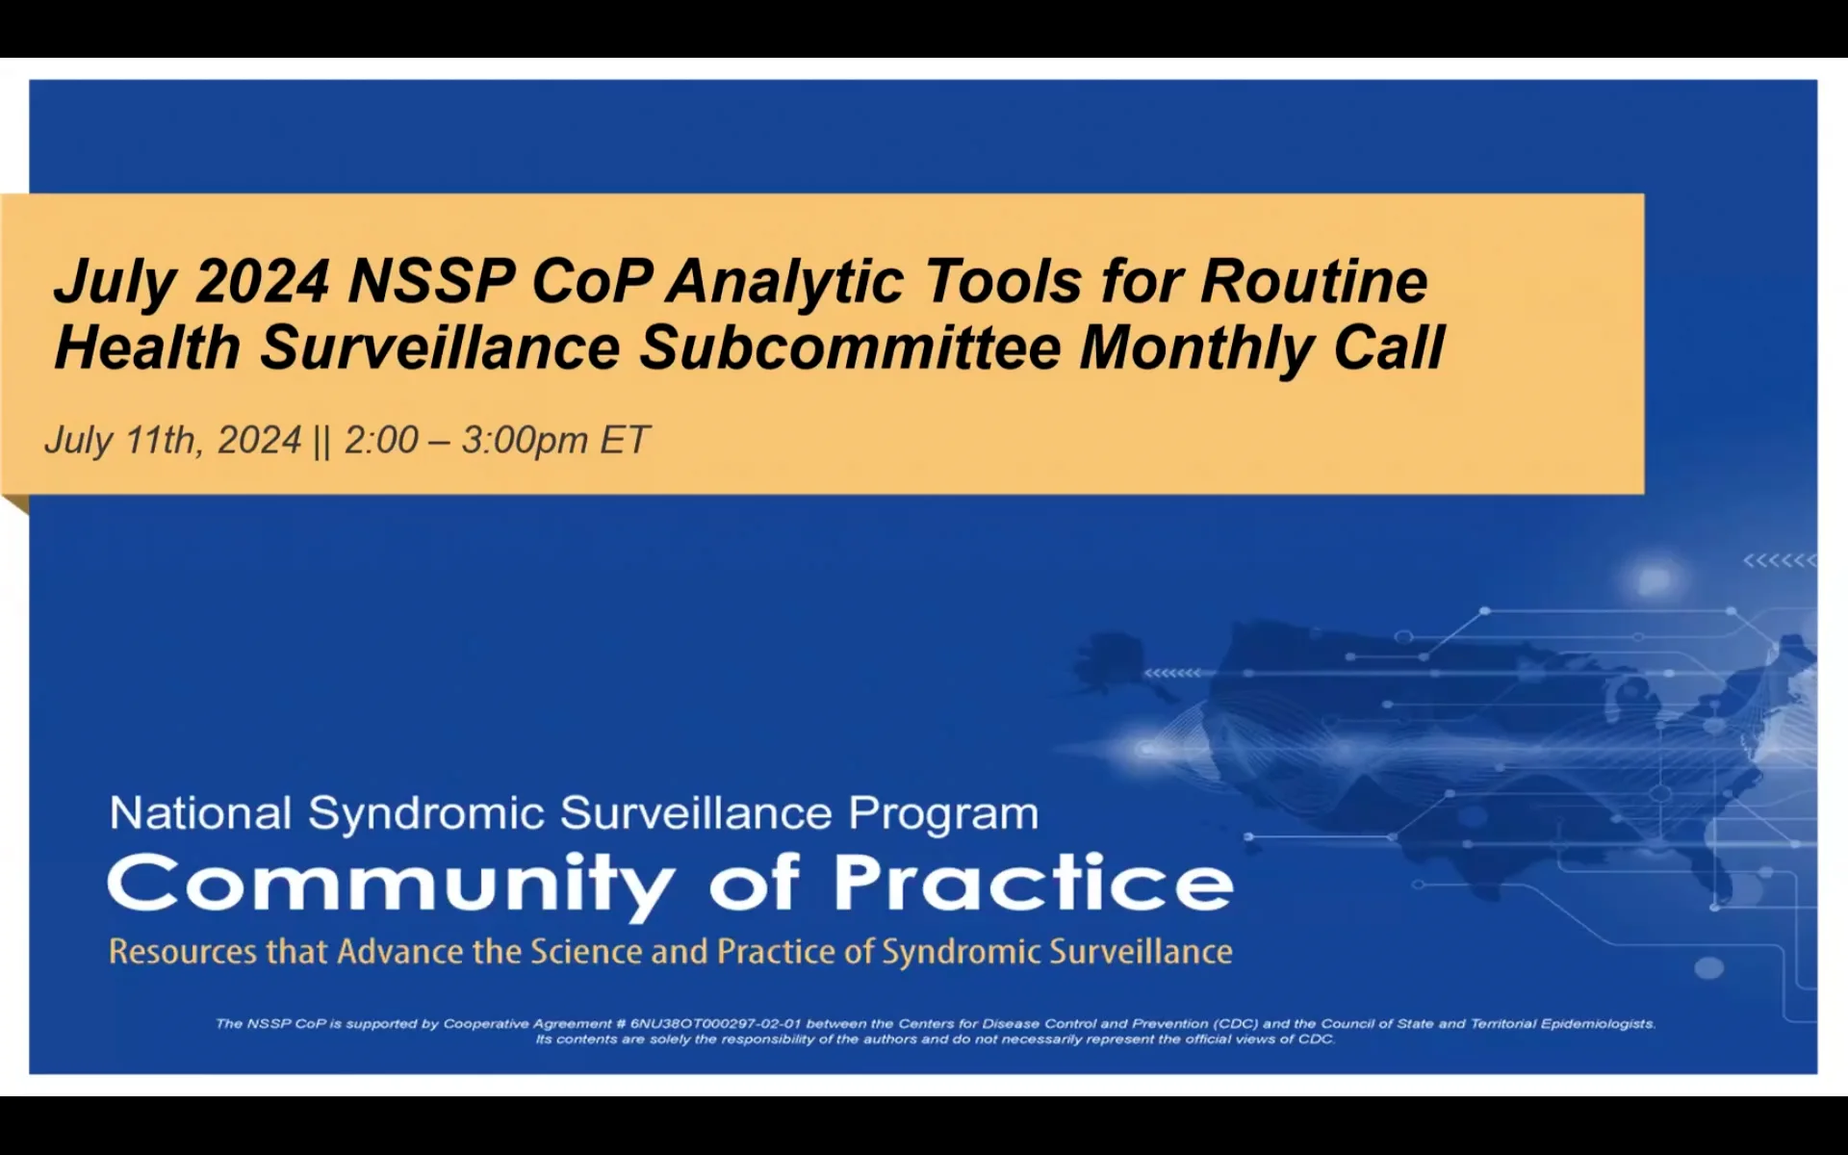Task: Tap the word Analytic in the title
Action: point(785,281)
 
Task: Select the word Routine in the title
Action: point(1314,281)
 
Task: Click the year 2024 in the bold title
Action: point(262,281)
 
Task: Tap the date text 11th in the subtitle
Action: point(164,440)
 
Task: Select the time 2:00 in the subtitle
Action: point(381,440)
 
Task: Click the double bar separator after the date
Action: point(321,441)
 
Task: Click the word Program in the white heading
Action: point(943,814)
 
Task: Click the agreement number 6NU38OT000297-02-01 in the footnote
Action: point(715,1024)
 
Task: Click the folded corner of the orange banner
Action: point(15,503)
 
